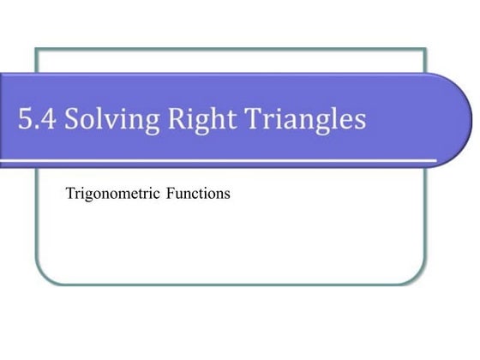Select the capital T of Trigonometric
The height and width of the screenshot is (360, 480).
(x=70, y=194)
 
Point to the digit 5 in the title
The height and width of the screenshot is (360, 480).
(x=25, y=119)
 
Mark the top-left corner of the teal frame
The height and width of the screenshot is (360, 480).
(x=36, y=48)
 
